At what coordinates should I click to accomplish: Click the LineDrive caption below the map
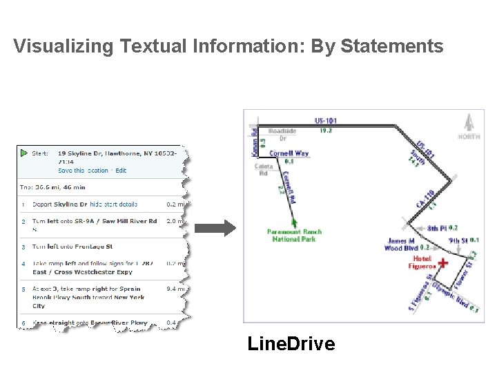click(x=291, y=343)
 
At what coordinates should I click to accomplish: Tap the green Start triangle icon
click(x=23, y=153)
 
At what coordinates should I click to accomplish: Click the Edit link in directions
click(x=121, y=171)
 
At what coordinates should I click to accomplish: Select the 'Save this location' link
click(x=83, y=171)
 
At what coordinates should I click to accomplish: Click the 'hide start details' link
click(x=113, y=204)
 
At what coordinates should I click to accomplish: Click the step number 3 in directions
click(x=23, y=247)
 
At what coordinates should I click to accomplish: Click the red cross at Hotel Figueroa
click(x=442, y=263)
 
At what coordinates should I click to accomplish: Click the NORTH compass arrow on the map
click(x=469, y=123)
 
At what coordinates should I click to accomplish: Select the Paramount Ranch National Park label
click(x=294, y=236)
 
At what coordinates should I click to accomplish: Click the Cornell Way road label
click(x=289, y=153)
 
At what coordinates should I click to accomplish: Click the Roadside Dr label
click(x=282, y=133)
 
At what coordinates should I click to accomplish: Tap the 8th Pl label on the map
click(x=437, y=228)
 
